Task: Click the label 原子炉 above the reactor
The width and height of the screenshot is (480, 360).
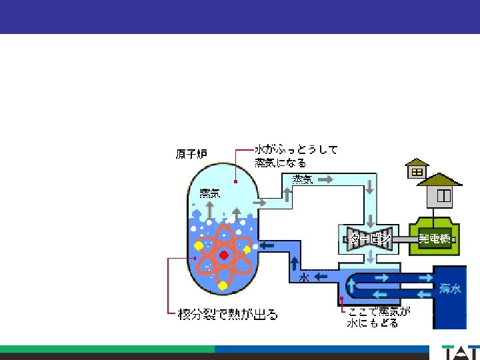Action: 191,154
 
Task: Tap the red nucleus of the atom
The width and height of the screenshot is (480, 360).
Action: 224,255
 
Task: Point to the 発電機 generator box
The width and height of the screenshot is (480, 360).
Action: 434,239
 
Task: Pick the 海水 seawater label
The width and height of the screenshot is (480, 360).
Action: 450,289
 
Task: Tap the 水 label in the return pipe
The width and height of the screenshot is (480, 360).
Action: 303,277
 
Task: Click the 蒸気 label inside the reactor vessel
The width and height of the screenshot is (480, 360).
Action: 209,193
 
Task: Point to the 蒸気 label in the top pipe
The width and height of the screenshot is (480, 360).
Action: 302,179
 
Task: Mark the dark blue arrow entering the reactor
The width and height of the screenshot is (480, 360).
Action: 267,245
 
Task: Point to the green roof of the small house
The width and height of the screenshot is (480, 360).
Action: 417,163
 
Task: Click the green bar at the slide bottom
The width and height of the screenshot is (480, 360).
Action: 107,349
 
